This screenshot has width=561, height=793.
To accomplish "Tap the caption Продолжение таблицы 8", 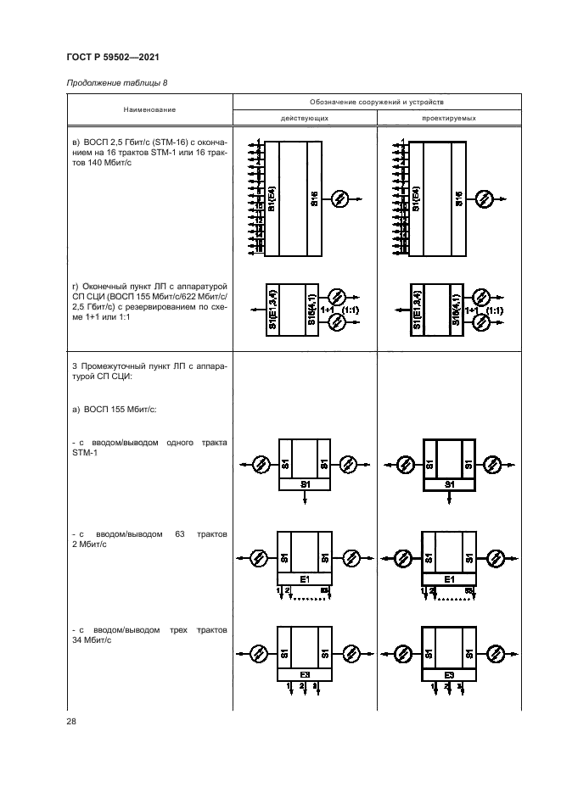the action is pyautogui.click(x=117, y=83).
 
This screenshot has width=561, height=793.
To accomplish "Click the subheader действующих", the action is pyautogui.click(x=305, y=119).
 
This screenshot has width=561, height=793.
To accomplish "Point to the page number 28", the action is pyautogui.click(x=70, y=721).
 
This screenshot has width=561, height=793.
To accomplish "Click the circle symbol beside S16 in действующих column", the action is pyautogui.click(x=340, y=199).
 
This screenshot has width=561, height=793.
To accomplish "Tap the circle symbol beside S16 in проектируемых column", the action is pyautogui.click(x=485, y=199).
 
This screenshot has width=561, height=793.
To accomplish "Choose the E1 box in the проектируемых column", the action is pyautogui.click(x=450, y=579).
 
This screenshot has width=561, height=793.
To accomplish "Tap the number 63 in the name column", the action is pyautogui.click(x=179, y=534).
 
